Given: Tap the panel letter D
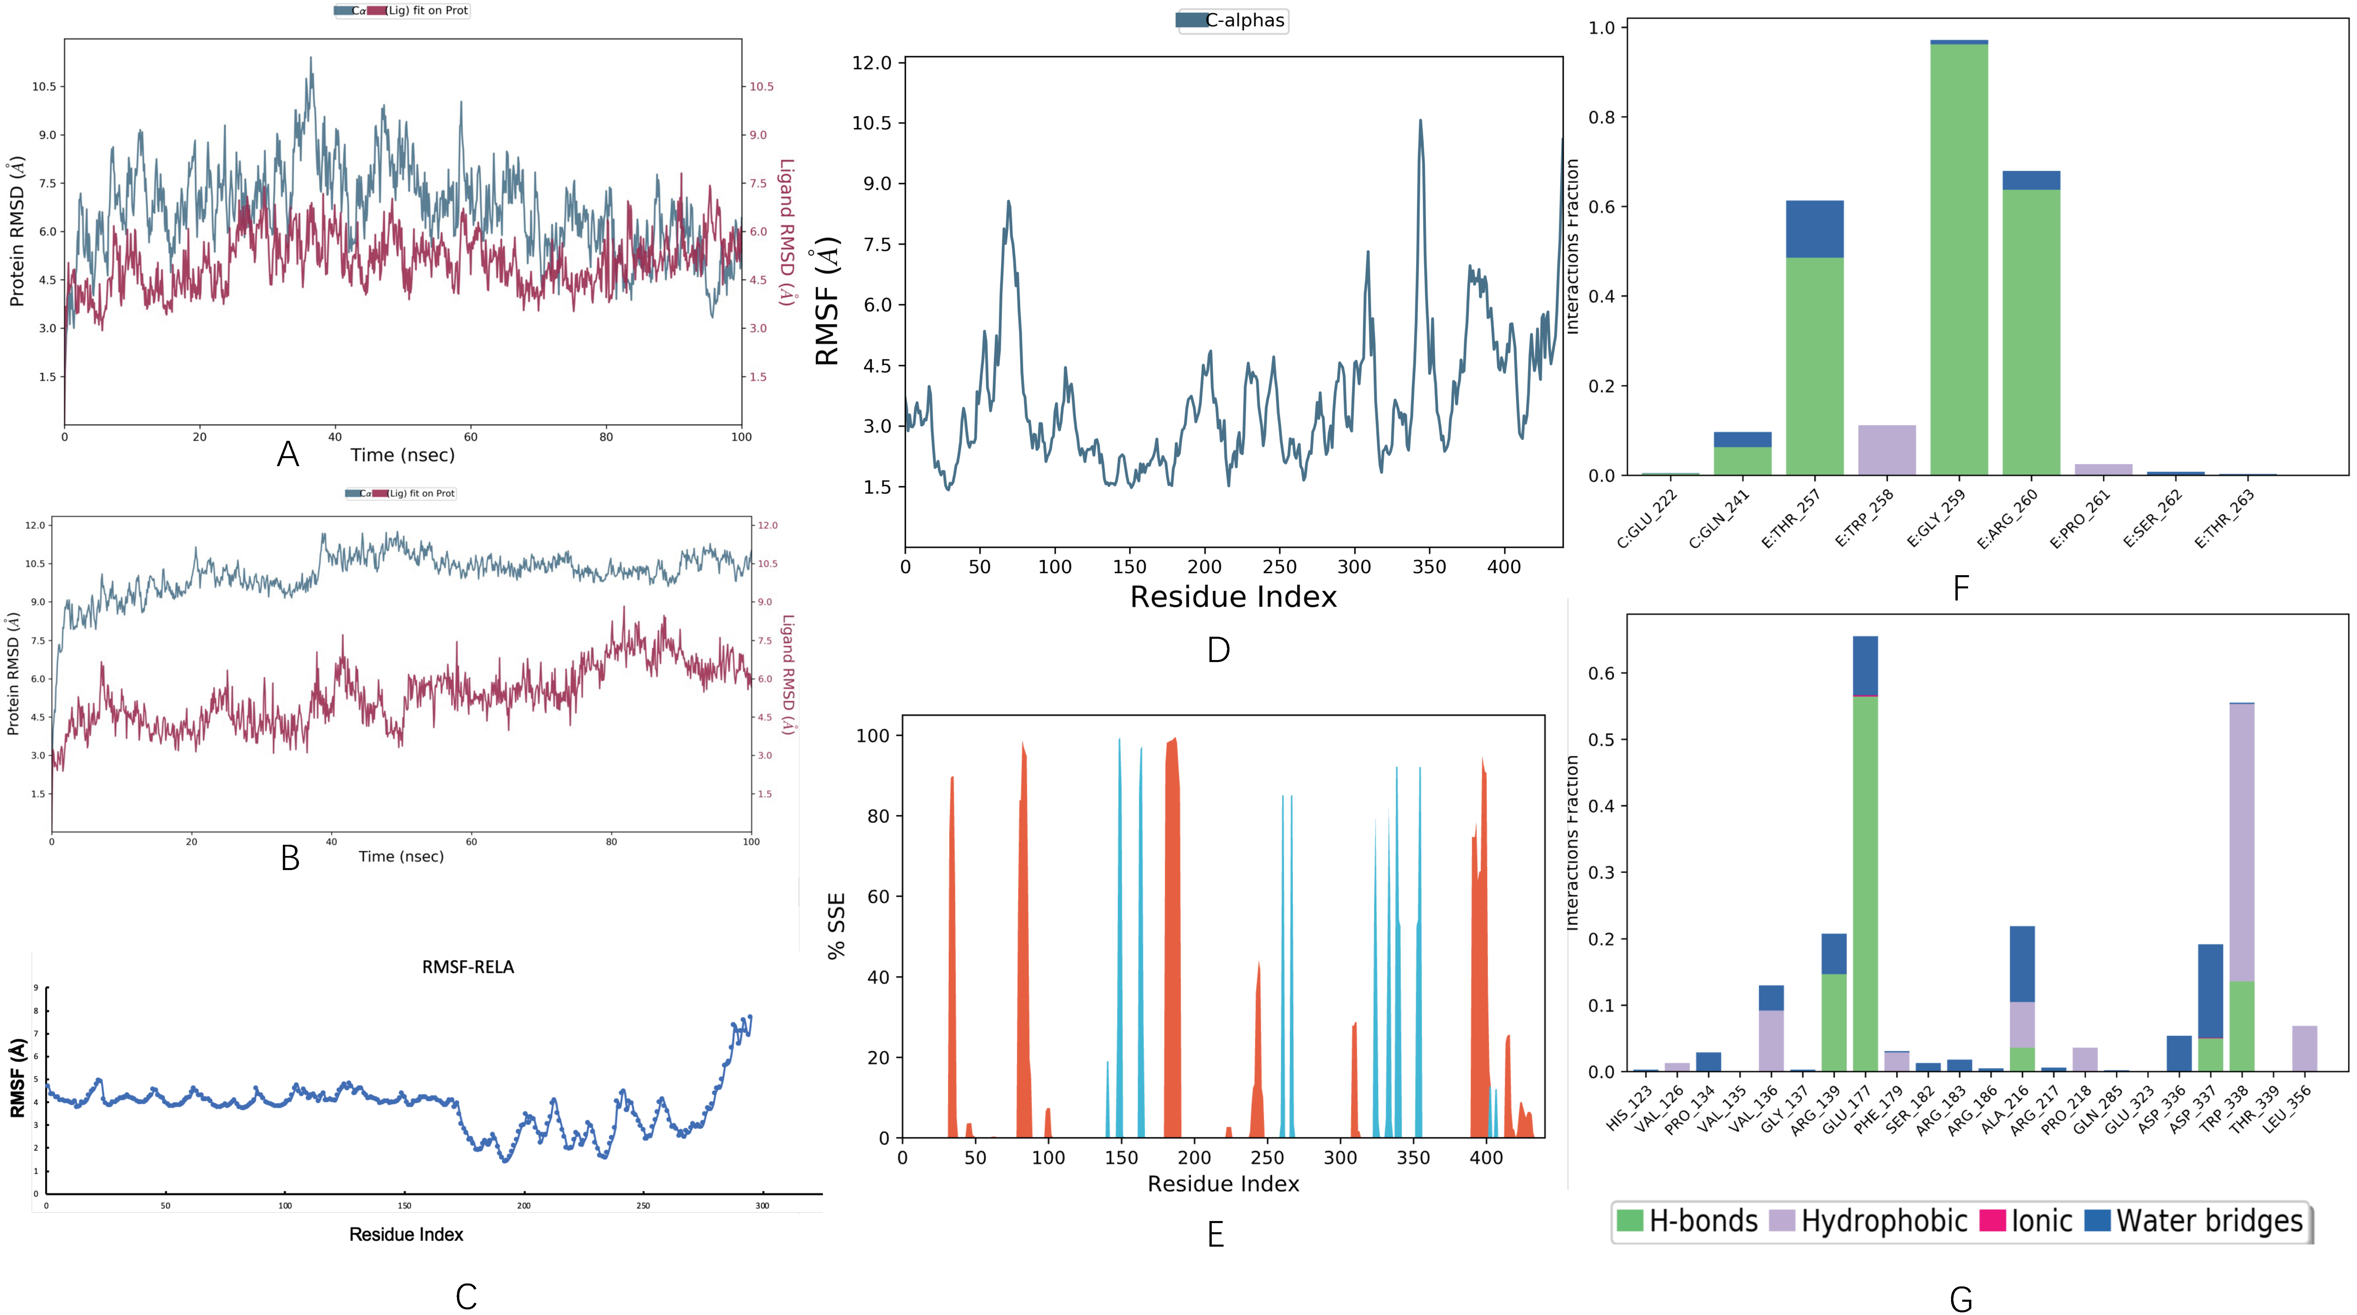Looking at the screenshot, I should (1218, 650).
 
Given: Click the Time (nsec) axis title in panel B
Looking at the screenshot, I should (401, 857).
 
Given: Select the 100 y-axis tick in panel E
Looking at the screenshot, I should (872, 736).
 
